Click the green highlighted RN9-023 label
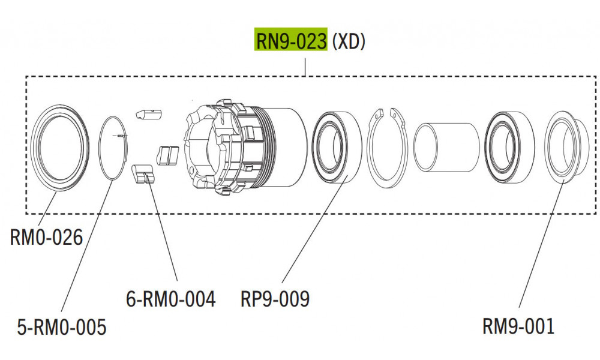tap(292, 41)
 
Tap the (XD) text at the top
tap(349, 41)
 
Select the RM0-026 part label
tap(46, 238)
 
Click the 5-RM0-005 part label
tap(62, 327)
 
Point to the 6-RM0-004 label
tap(171, 298)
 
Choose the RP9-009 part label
tap(275, 298)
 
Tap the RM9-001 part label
tap(518, 327)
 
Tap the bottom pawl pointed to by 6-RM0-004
tap(142, 175)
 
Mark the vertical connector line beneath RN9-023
tap(306, 67)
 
